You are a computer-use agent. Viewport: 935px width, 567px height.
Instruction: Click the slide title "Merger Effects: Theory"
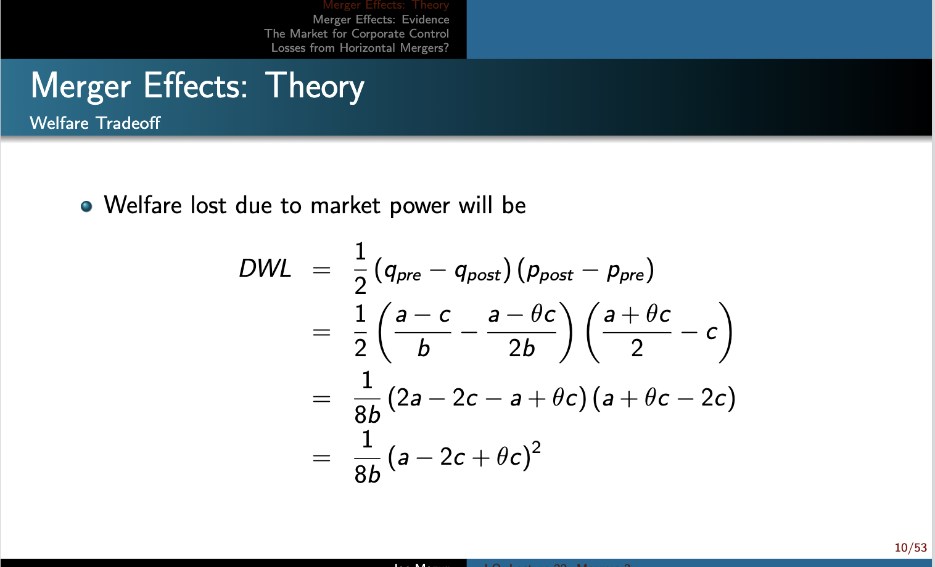197,86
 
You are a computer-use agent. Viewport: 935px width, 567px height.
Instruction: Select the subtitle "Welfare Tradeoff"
95,123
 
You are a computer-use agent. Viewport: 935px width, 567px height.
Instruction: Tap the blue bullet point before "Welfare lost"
86,206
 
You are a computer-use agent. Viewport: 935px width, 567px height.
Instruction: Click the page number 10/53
910,548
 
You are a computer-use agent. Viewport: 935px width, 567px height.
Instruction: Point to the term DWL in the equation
265,269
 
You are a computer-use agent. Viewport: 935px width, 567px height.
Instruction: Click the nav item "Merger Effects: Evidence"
381,20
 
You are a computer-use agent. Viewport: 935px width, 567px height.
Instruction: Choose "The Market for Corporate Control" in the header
356,34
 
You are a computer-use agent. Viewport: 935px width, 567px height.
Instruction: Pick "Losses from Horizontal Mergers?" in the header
360,48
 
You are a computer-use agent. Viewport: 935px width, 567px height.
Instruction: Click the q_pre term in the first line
402,271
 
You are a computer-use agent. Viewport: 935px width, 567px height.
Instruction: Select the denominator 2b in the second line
522,349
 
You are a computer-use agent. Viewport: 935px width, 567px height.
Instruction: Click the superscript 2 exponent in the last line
536,447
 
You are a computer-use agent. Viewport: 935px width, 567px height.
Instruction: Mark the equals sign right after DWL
321,270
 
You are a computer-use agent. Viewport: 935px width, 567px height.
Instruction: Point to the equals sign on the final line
321,458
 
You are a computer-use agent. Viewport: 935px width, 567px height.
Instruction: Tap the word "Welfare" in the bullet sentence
142,205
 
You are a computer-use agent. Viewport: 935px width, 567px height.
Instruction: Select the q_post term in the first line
477,271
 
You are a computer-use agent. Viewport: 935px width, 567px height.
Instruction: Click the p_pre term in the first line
625,271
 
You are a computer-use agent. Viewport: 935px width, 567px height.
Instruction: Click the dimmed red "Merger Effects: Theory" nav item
385,6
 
